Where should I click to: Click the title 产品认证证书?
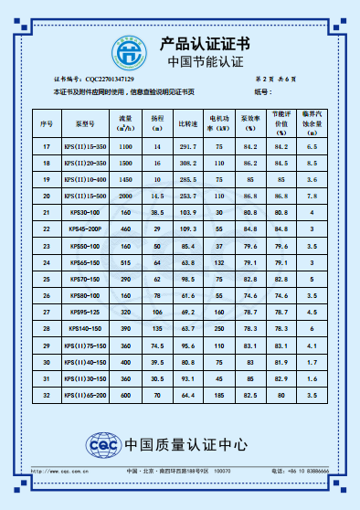[205, 43]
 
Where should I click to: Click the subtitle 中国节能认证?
[205, 62]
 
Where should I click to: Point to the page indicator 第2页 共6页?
[275, 80]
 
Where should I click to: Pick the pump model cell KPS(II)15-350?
[85, 146]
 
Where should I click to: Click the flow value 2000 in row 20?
[126, 196]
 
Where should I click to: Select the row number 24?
[47, 262]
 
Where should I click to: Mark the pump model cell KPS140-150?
[85, 328]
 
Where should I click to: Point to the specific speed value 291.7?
[187, 146]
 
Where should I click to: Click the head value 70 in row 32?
[157, 394]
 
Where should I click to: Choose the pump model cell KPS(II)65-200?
[85, 394]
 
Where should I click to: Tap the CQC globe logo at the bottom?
[101, 445]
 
